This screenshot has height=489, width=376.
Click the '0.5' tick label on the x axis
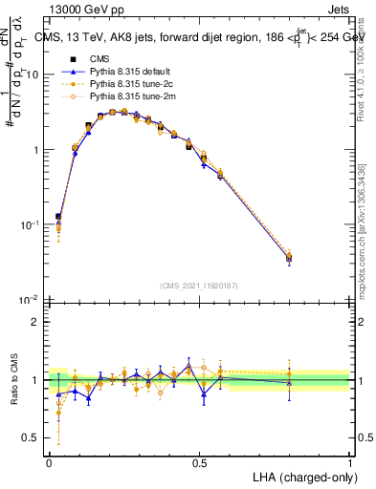pos(199,461)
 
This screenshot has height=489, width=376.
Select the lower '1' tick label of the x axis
pos(349,461)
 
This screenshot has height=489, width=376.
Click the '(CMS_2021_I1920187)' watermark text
pos(199,286)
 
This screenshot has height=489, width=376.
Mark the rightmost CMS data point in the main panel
pos(290,257)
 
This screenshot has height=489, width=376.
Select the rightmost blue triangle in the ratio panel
pos(290,383)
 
